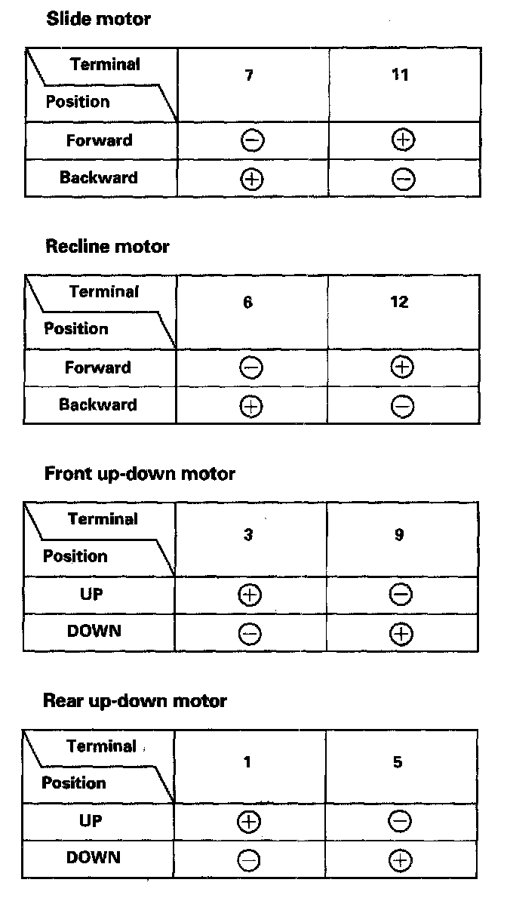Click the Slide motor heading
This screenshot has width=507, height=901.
(x=98, y=20)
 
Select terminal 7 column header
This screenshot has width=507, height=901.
(x=249, y=75)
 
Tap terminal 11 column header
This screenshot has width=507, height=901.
(x=401, y=75)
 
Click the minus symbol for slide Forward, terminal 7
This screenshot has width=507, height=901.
(x=252, y=141)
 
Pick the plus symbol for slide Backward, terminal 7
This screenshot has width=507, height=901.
(x=252, y=179)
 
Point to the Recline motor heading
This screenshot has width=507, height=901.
(x=107, y=247)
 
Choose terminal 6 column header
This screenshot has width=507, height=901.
(x=248, y=303)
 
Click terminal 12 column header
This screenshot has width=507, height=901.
(x=400, y=303)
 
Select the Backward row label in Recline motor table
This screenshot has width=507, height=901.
(x=98, y=405)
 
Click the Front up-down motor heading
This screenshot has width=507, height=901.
(x=140, y=474)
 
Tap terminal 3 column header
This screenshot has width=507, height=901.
(x=248, y=535)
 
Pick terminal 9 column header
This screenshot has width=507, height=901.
(x=399, y=535)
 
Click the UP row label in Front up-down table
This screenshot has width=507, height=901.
(x=91, y=595)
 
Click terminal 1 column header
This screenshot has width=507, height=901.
(x=247, y=762)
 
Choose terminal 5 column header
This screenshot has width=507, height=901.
(x=398, y=762)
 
